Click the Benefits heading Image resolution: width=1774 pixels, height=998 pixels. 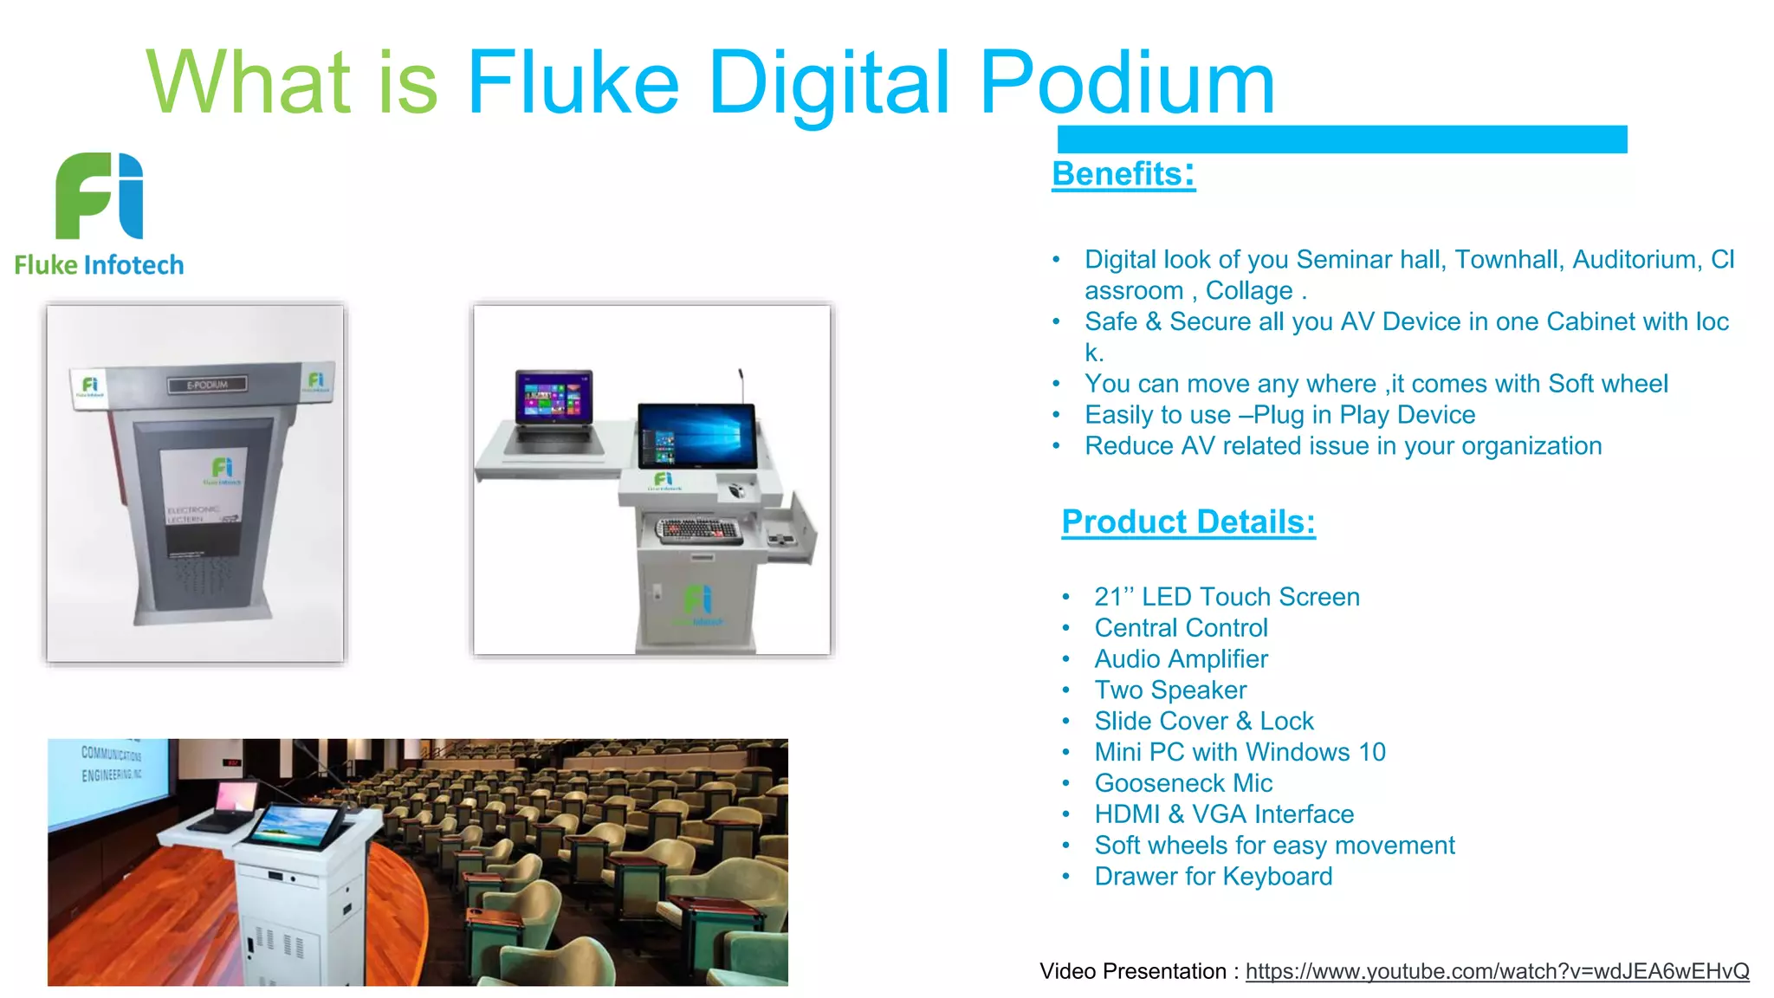[x=1123, y=174]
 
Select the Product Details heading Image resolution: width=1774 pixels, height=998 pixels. [x=1188, y=522]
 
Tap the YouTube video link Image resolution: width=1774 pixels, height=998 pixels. [x=1497, y=971]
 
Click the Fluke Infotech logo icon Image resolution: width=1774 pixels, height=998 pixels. [x=100, y=196]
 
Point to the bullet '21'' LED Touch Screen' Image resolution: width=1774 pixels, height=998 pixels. [x=1227, y=597]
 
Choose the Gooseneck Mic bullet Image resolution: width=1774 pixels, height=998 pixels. [x=1183, y=783]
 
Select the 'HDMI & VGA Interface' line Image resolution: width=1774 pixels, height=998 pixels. [x=1224, y=814]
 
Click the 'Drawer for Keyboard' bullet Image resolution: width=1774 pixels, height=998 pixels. [x=1213, y=877]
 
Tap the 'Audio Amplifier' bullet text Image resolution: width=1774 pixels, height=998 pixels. [x=1181, y=659]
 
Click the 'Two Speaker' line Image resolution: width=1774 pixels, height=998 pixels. [x=1170, y=690]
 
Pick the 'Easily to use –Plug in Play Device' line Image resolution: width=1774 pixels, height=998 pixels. [x=1279, y=415]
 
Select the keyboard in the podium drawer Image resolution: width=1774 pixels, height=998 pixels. [x=699, y=530]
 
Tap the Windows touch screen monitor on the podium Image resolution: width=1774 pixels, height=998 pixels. [x=697, y=436]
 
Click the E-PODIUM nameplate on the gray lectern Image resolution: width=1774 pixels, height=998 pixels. [x=207, y=385]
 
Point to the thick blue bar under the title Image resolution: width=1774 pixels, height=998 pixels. [x=1342, y=139]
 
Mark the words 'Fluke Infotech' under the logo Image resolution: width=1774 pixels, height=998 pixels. [x=100, y=265]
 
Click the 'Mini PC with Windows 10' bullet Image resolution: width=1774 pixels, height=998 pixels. [x=1240, y=752]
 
